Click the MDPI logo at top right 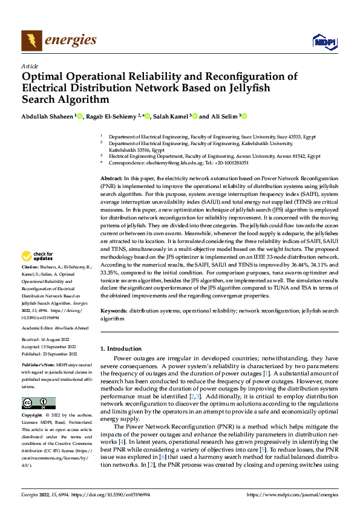click(323, 41)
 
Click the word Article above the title click(30, 66)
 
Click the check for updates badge click(38, 273)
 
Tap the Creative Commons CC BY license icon click(38, 403)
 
